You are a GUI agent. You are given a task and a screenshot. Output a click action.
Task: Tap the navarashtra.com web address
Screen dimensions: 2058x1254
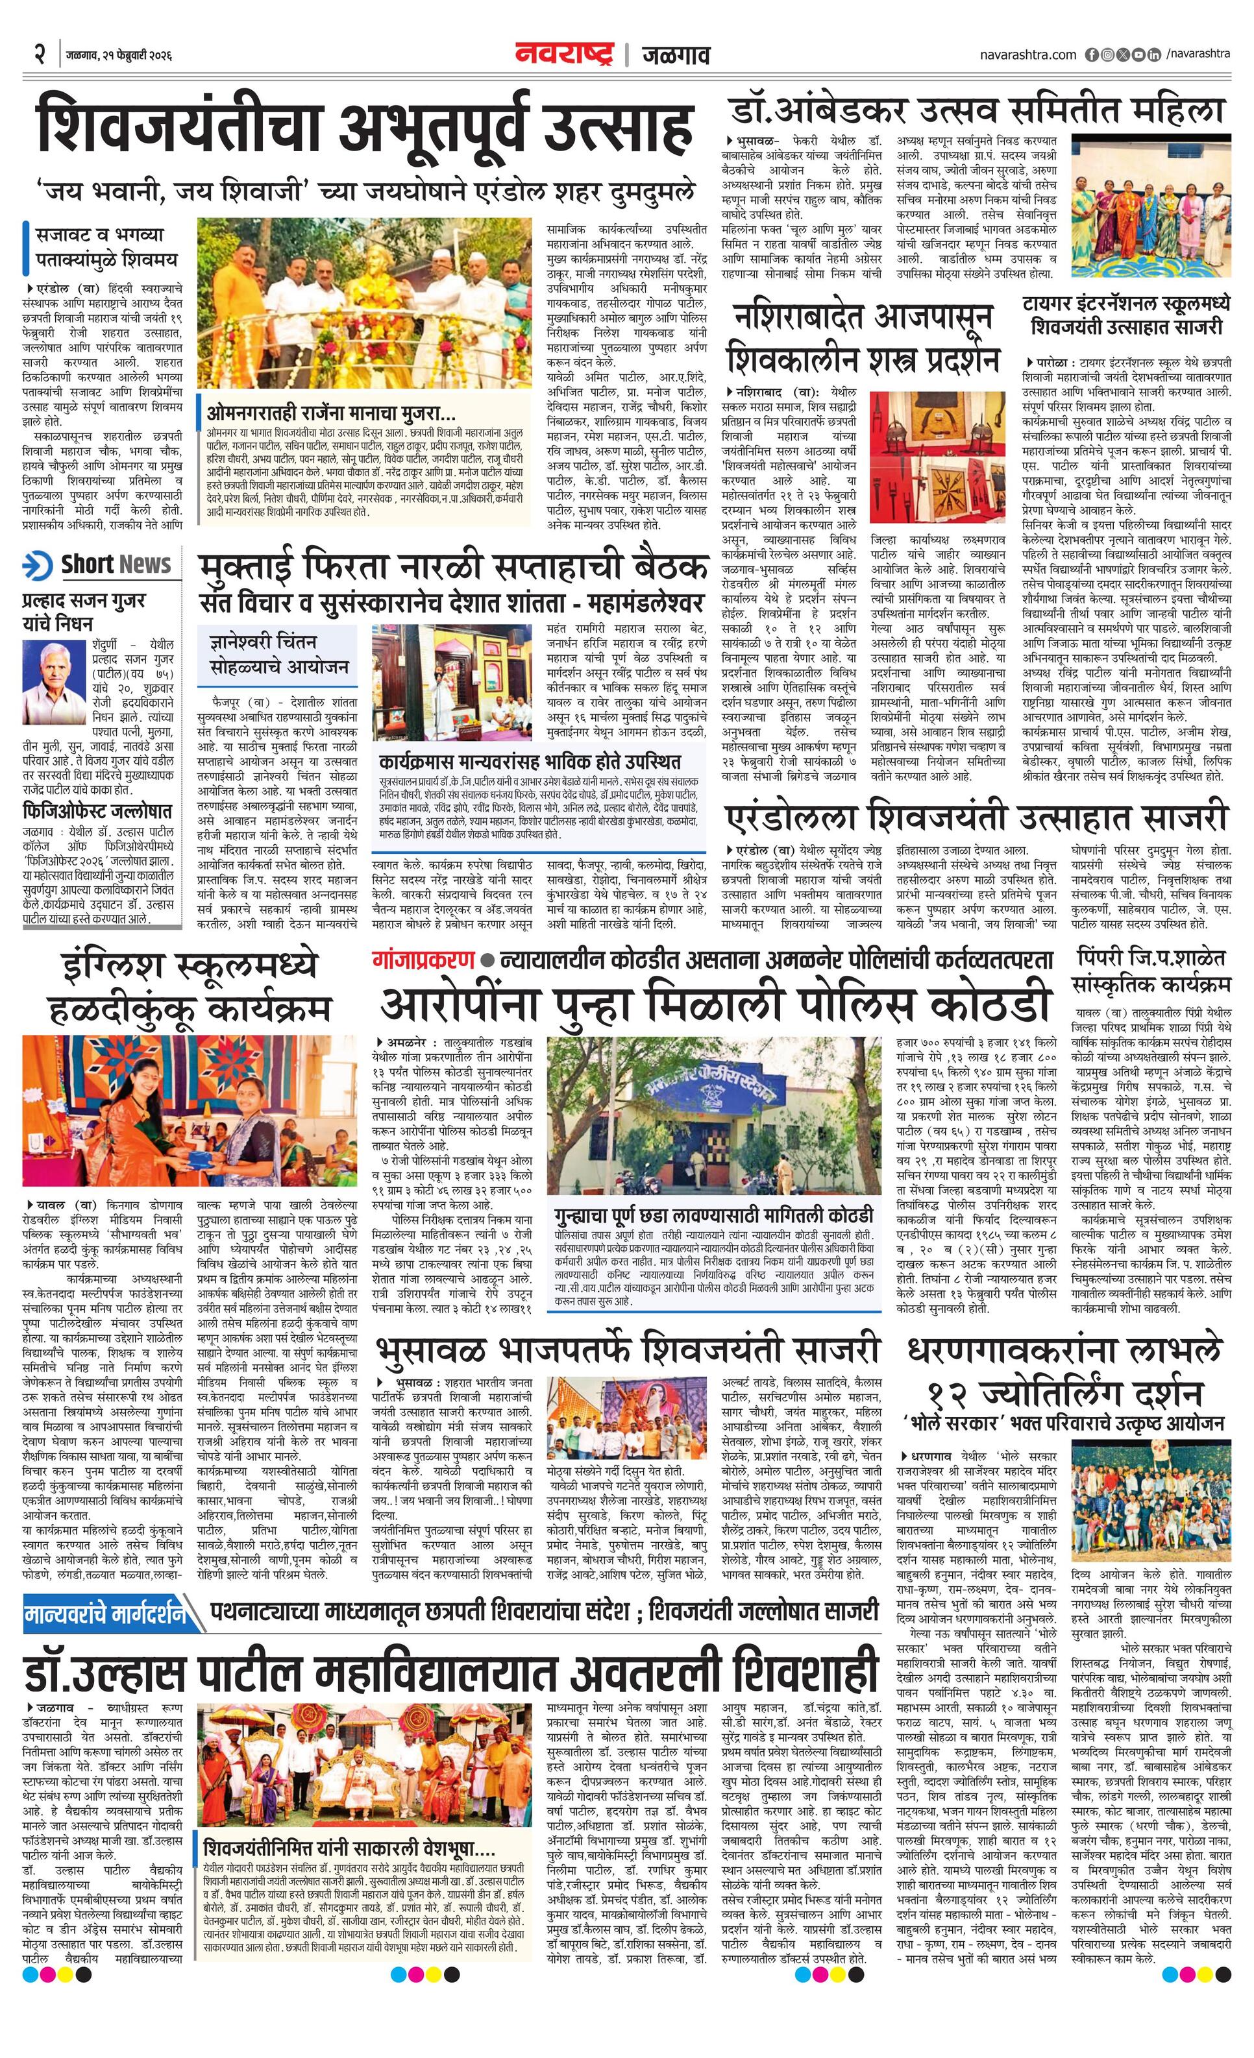(x=1027, y=55)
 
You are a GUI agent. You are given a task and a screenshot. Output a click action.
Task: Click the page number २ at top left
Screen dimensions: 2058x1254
(x=39, y=55)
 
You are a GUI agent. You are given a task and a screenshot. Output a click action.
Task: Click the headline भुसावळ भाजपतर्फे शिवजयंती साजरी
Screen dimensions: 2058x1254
(x=628, y=1349)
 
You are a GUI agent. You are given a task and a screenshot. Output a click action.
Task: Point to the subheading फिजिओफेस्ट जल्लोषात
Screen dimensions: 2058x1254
(x=99, y=811)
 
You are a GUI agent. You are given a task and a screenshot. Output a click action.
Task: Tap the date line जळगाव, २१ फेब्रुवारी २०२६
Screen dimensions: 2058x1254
(x=119, y=56)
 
